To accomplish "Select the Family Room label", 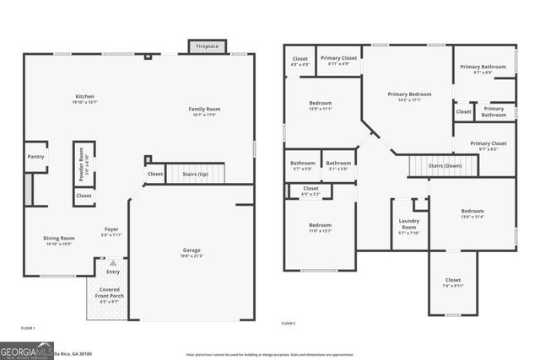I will (x=203, y=109).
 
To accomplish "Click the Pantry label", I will (x=35, y=156).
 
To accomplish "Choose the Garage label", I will (x=192, y=252).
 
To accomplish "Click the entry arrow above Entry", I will (x=112, y=263).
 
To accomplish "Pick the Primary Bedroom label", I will (x=409, y=96).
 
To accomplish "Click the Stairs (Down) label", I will (x=445, y=166).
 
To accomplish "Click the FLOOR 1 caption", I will (x=29, y=326).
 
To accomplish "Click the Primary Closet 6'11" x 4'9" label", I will (x=338, y=60).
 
